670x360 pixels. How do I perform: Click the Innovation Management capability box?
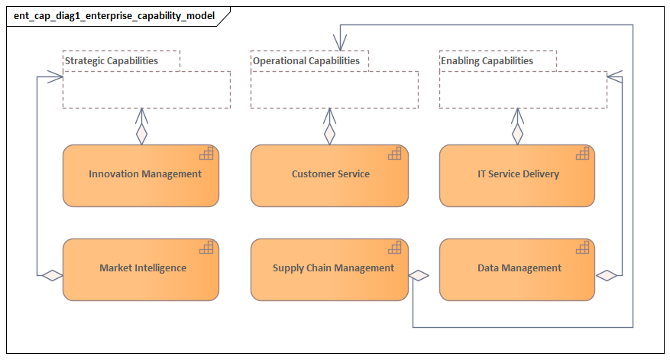point(141,175)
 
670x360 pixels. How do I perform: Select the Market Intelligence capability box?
point(141,269)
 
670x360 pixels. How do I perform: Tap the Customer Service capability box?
point(329,175)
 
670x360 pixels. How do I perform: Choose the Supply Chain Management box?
point(329,269)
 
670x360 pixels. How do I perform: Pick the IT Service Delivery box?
point(517,175)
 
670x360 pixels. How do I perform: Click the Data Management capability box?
point(517,269)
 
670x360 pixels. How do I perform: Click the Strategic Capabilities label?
point(112,61)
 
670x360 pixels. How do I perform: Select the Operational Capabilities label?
point(306,61)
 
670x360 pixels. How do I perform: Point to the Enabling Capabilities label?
point(487,61)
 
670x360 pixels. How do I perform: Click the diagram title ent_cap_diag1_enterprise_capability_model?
point(115,15)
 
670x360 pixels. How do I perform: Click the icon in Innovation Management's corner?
point(206,154)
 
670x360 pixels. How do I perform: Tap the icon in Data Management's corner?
point(583,248)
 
